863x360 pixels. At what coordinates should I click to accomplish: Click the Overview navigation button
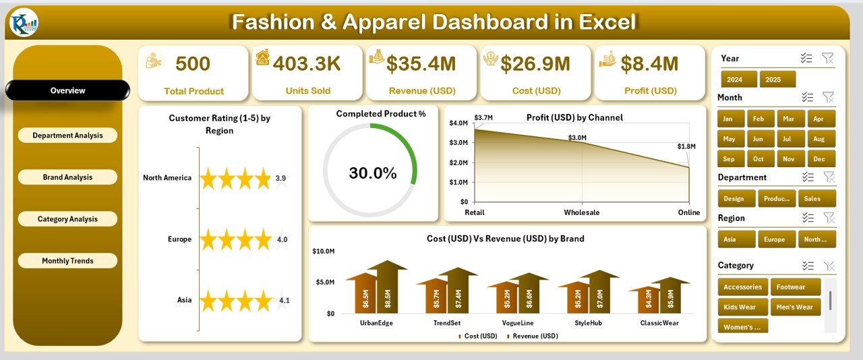(x=67, y=90)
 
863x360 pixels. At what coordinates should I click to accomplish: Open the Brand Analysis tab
(x=67, y=177)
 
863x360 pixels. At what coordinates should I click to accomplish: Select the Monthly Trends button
(x=67, y=261)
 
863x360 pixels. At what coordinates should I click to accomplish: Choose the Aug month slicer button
(x=819, y=139)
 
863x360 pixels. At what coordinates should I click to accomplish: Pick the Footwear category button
(x=795, y=287)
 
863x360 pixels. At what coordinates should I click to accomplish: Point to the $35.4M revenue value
(x=421, y=64)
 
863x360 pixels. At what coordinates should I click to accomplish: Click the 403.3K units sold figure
(x=307, y=64)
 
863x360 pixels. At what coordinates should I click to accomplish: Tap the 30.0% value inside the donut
(x=373, y=173)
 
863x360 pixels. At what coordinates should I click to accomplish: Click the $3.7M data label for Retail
(x=483, y=118)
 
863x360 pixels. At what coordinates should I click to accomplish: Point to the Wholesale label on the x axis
(x=582, y=213)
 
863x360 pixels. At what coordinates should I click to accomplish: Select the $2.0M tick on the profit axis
(x=458, y=162)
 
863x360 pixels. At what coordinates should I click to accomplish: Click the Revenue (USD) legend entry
(x=533, y=336)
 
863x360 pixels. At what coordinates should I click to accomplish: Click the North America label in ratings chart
(x=167, y=178)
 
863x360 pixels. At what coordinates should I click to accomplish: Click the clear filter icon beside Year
(x=828, y=59)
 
